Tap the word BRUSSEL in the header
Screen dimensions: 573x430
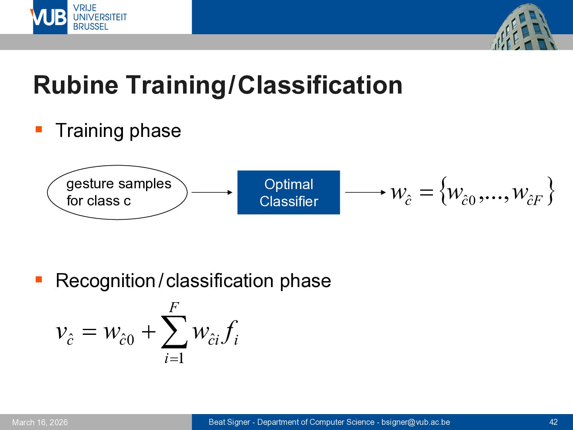click(x=91, y=27)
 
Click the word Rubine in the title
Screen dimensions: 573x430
click(x=76, y=85)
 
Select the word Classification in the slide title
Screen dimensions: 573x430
click(x=320, y=85)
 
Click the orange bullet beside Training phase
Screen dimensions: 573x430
click(x=39, y=129)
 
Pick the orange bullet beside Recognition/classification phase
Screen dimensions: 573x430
click(x=39, y=279)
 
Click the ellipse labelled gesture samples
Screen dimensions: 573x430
click(x=117, y=166)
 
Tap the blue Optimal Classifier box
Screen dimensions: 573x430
click(x=289, y=192)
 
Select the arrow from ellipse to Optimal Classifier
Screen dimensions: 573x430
click(x=212, y=192)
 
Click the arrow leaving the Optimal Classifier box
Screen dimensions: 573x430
click(x=365, y=192)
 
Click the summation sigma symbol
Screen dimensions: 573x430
click(x=174, y=332)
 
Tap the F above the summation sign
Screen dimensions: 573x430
click(x=174, y=307)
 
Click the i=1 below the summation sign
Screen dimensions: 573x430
click(x=174, y=358)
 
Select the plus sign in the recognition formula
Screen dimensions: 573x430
click(x=148, y=332)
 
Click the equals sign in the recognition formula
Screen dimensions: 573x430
click(x=89, y=332)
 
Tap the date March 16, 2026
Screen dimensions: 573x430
click(x=40, y=422)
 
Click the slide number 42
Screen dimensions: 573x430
click(x=554, y=422)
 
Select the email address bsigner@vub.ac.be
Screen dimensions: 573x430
click(x=415, y=422)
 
